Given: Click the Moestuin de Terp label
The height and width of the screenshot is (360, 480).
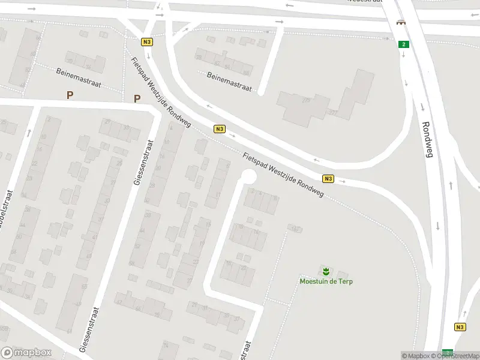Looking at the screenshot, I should click(325, 281).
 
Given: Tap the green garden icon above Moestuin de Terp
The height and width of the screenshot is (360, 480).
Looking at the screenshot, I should click(325, 271).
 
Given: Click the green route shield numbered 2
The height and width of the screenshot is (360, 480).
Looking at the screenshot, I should click(404, 44).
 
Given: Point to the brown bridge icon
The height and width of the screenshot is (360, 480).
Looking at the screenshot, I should click(399, 23).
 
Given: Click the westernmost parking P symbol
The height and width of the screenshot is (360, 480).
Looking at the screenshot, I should click(70, 95).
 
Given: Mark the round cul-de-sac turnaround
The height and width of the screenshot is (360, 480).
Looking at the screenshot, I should click(247, 177).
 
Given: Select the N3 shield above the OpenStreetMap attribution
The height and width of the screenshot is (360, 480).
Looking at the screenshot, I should click(460, 327).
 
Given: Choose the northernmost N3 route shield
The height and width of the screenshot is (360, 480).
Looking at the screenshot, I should click(147, 42).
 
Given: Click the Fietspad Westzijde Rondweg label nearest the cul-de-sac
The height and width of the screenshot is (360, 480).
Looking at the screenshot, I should click(283, 175).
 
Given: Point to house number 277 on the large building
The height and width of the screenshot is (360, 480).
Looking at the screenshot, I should click(333, 112).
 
